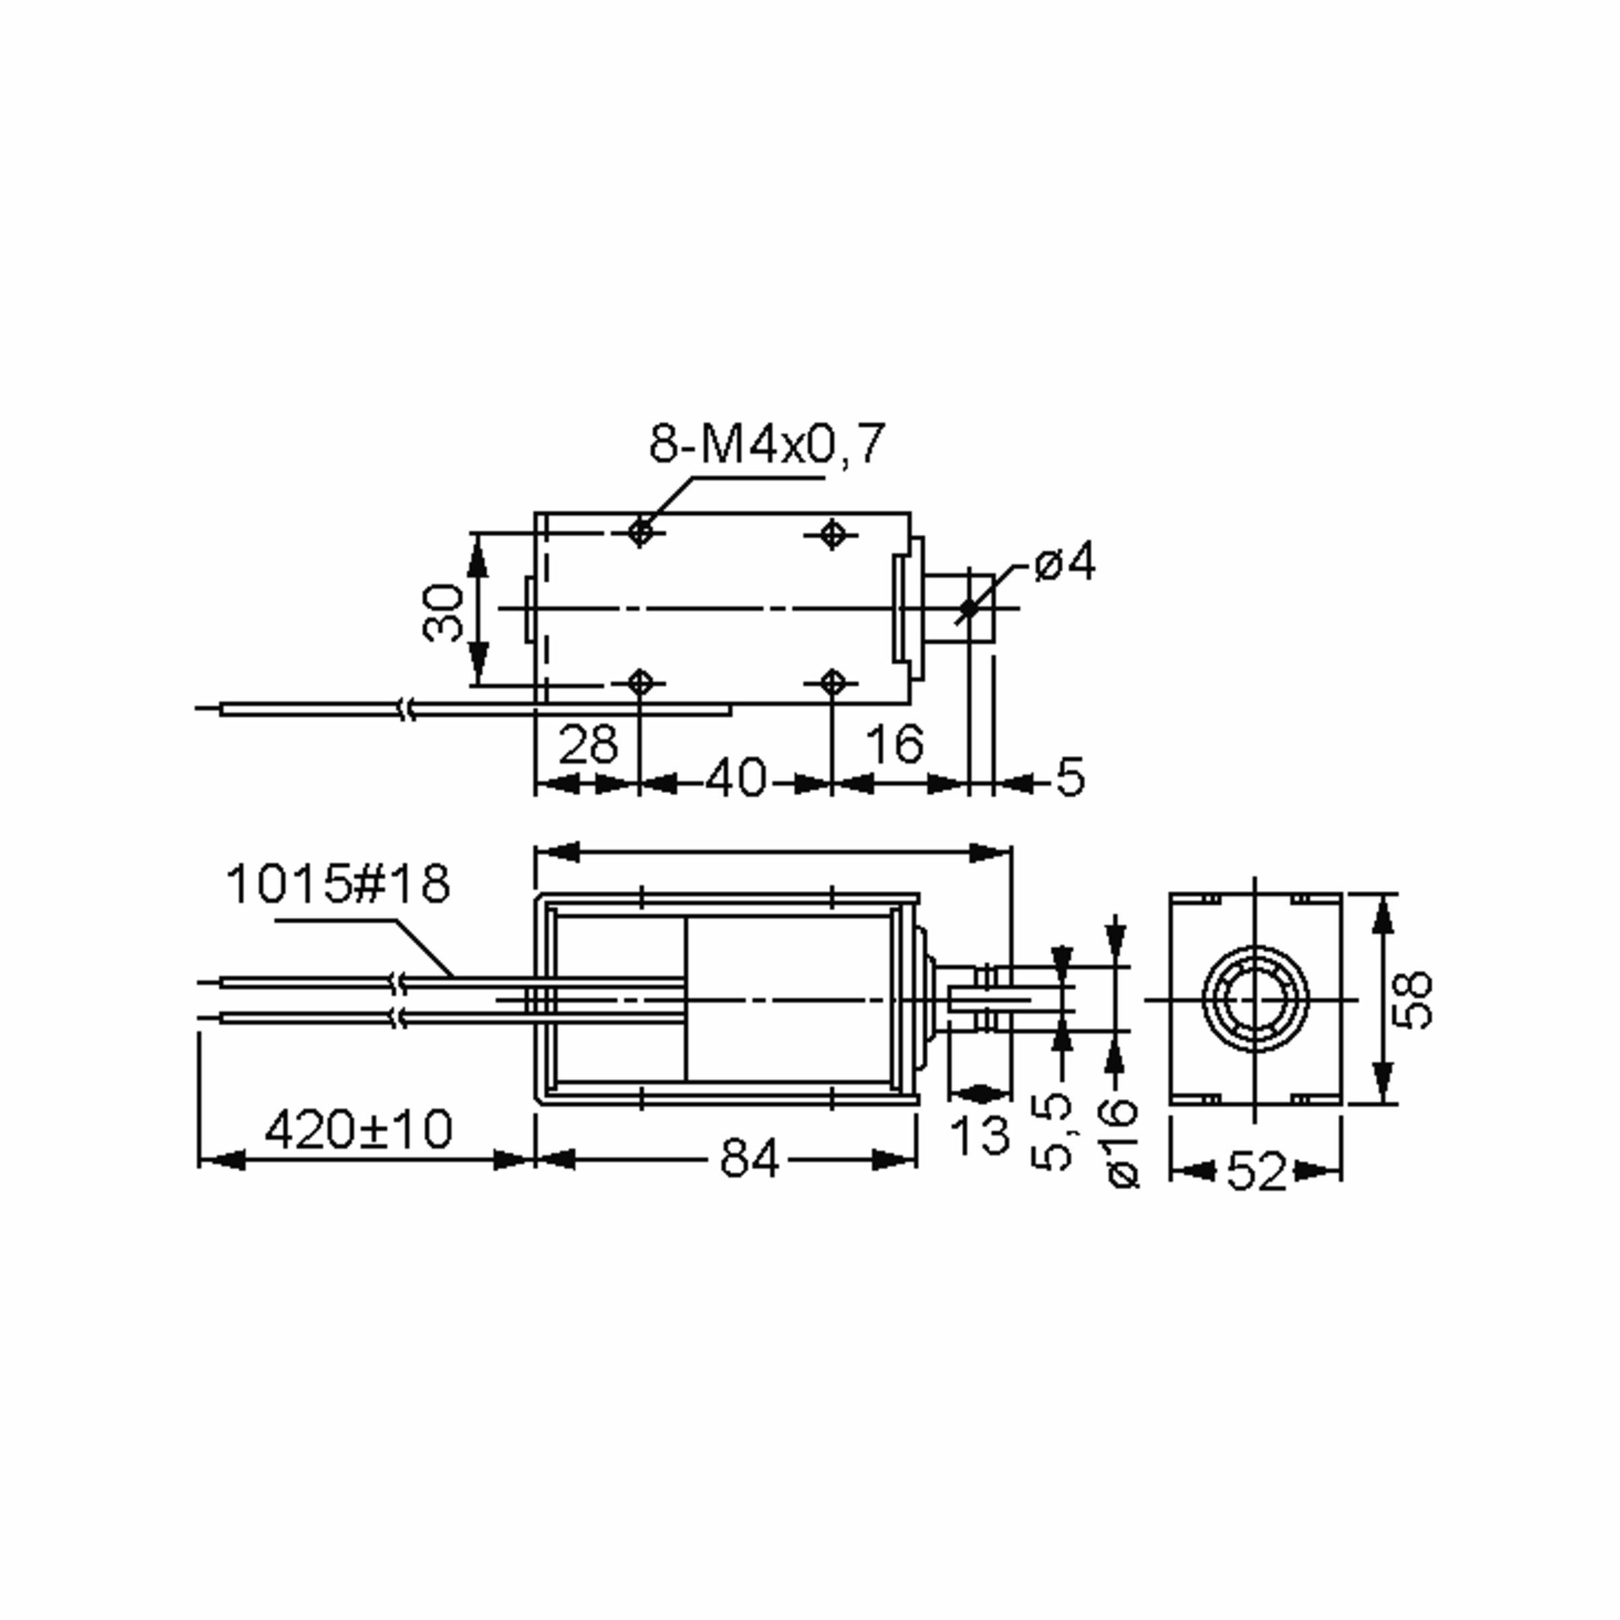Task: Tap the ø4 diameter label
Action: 1064,564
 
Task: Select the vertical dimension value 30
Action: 443,613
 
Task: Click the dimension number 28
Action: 587,744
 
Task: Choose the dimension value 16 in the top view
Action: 894,744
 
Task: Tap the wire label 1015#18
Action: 338,886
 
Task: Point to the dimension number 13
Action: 979,1136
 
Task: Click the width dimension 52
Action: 1255,1171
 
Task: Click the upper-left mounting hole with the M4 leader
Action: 641,532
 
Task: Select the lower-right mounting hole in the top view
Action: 832,682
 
